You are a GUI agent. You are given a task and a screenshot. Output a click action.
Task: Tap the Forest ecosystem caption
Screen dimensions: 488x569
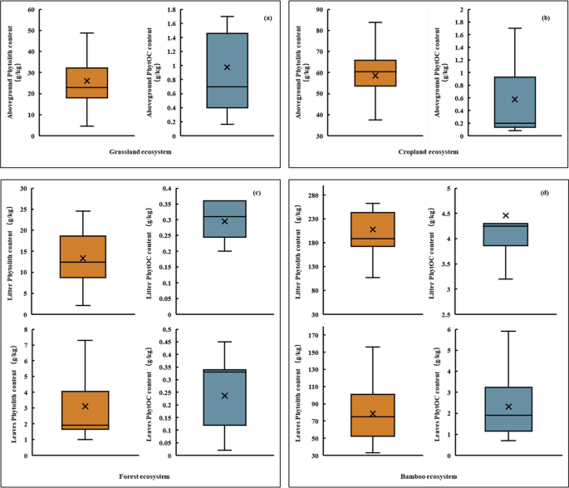[142, 476]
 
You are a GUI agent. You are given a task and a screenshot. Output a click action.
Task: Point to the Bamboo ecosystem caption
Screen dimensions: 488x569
[424, 476]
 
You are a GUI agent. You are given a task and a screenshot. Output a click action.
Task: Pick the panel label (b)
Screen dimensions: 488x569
[547, 17]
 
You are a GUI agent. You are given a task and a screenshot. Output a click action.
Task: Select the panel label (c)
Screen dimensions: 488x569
[258, 193]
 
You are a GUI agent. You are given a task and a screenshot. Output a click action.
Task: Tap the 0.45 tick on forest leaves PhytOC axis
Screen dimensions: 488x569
[166, 342]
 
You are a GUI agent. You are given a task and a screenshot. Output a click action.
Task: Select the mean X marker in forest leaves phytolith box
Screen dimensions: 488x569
[86, 407]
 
